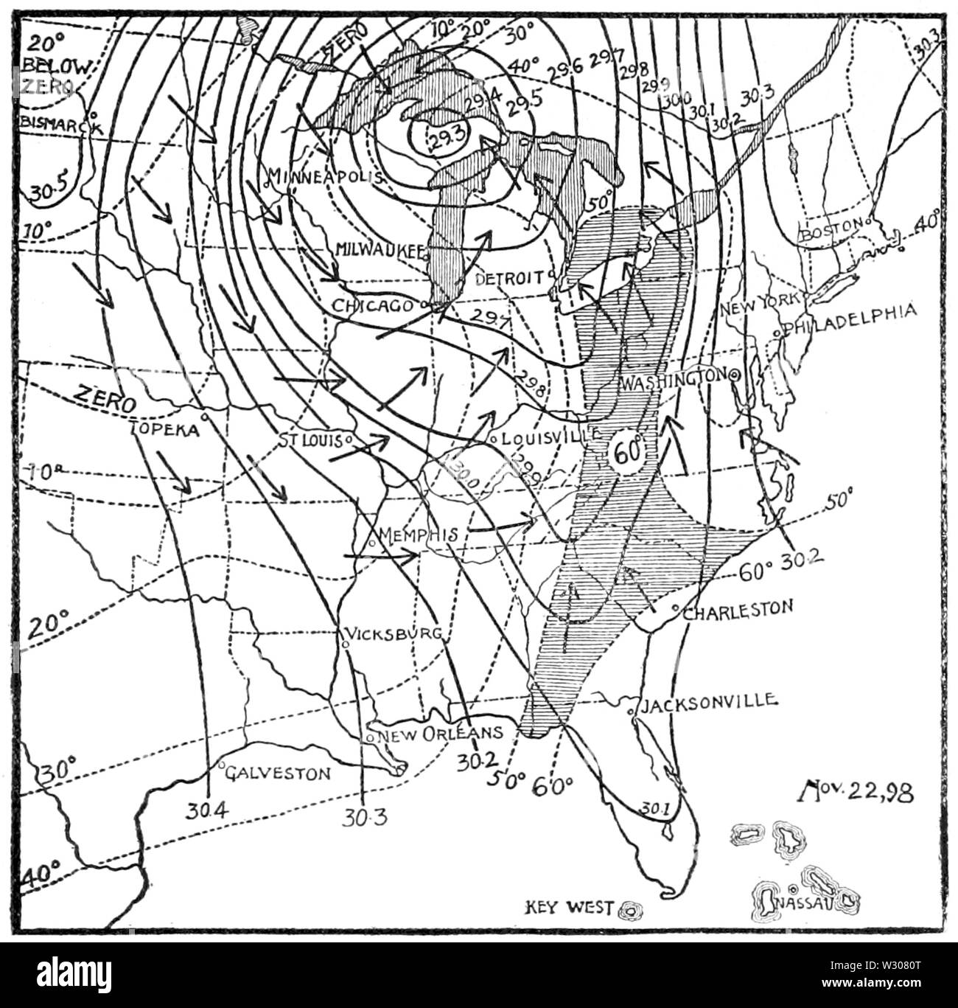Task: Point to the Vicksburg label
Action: pyautogui.click(x=395, y=633)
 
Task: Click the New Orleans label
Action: pyautogui.click(x=439, y=733)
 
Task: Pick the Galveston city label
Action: pyautogui.click(x=278, y=773)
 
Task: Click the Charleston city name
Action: pyautogui.click(x=738, y=609)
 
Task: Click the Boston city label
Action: pyautogui.click(x=832, y=228)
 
